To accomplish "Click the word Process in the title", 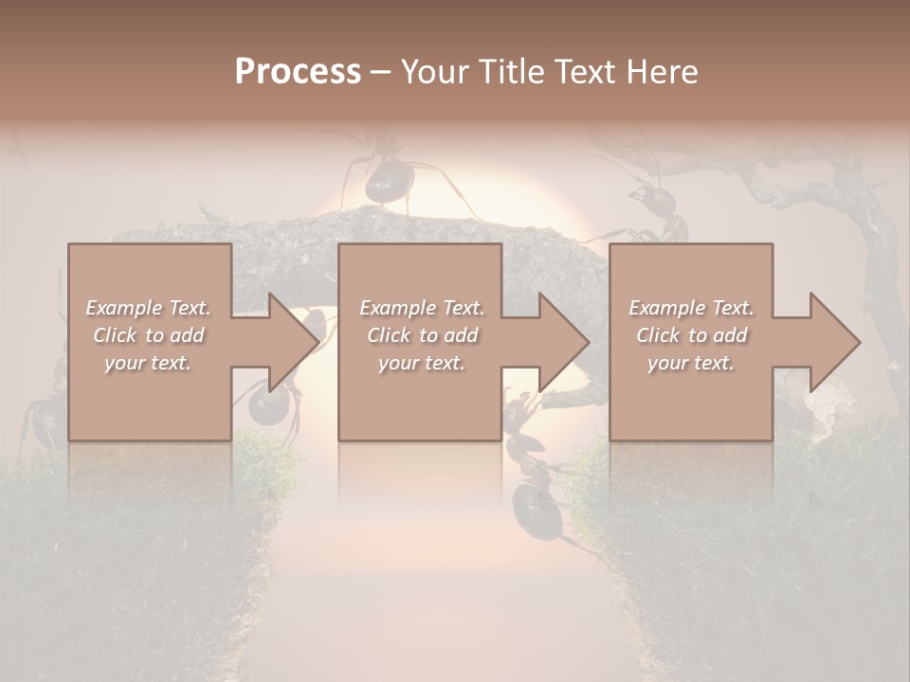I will pos(298,71).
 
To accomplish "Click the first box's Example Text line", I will pos(148,308).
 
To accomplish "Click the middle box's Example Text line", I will pos(422,308).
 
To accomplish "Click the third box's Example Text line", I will pos(691,308).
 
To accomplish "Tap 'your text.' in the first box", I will pos(148,363).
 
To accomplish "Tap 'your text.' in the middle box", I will pos(422,363).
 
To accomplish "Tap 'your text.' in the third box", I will pos(691,363).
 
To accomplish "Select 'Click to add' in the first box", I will pos(148,335).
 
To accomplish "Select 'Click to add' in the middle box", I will pos(422,335).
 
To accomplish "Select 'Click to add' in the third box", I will pos(691,335).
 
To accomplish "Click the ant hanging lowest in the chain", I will pos(536,507).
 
